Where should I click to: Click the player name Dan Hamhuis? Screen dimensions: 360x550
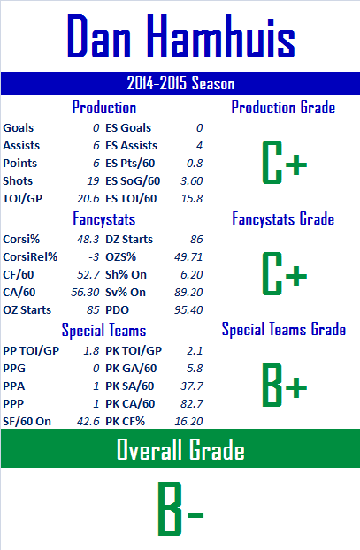[180, 36]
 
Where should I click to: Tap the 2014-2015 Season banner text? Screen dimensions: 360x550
[180, 83]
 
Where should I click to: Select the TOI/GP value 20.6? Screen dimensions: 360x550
[88, 199]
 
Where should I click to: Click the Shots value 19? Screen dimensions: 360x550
[94, 181]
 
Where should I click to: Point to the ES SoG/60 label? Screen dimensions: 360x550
[133, 181]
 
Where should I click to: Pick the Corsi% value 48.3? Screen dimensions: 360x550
[88, 240]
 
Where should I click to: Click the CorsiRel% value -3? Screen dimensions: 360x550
[94, 257]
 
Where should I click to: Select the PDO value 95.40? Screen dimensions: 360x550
[188, 310]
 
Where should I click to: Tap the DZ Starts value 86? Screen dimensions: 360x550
[196, 240]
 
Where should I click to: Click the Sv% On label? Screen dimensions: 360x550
[126, 292]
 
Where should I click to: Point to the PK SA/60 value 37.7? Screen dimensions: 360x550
[192, 386]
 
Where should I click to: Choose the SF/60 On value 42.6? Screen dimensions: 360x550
[88, 421]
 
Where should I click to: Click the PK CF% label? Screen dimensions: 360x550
[125, 421]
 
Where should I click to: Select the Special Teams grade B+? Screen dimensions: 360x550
[284, 386]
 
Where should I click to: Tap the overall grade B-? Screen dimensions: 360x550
[180, 508]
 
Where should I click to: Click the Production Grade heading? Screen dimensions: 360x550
[283, 107]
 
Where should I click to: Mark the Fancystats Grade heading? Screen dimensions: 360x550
[283, 218]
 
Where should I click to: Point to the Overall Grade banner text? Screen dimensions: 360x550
[180, 449]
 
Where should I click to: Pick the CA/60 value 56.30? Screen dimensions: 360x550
[85, 292]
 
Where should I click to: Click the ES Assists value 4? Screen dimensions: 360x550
[199, 146]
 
